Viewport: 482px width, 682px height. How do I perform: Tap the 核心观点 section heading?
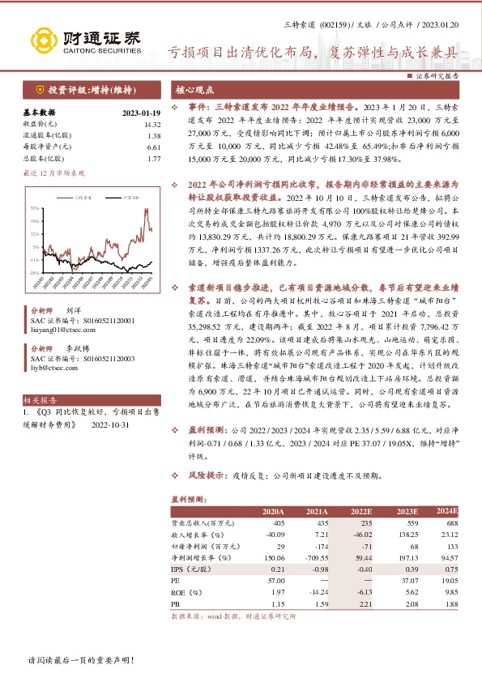[x=195, y=90]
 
